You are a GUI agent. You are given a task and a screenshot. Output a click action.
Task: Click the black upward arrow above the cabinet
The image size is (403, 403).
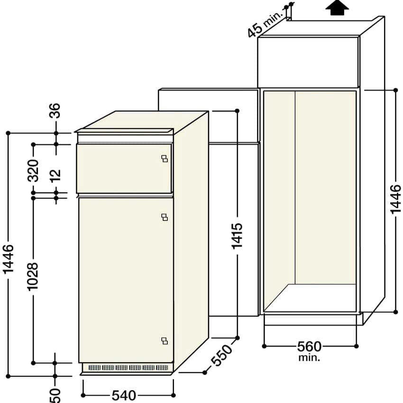click(337, 8)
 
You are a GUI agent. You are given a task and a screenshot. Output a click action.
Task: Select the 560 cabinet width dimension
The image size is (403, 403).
click(310, 347)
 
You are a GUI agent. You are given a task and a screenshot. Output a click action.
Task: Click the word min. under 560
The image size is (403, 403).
click(309, 357)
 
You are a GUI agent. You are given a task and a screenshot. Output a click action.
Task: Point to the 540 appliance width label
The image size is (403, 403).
click(124, 395)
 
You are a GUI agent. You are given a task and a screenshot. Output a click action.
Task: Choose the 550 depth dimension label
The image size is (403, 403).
click(221, 355)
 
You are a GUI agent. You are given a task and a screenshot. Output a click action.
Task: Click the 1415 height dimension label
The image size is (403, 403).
click(237, 236)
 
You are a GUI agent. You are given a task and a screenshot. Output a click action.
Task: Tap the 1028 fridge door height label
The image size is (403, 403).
click(33, 276)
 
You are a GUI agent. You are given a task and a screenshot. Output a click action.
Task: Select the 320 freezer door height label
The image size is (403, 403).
click(33, 170)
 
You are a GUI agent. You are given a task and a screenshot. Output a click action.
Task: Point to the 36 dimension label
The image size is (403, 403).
click(55, 110)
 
